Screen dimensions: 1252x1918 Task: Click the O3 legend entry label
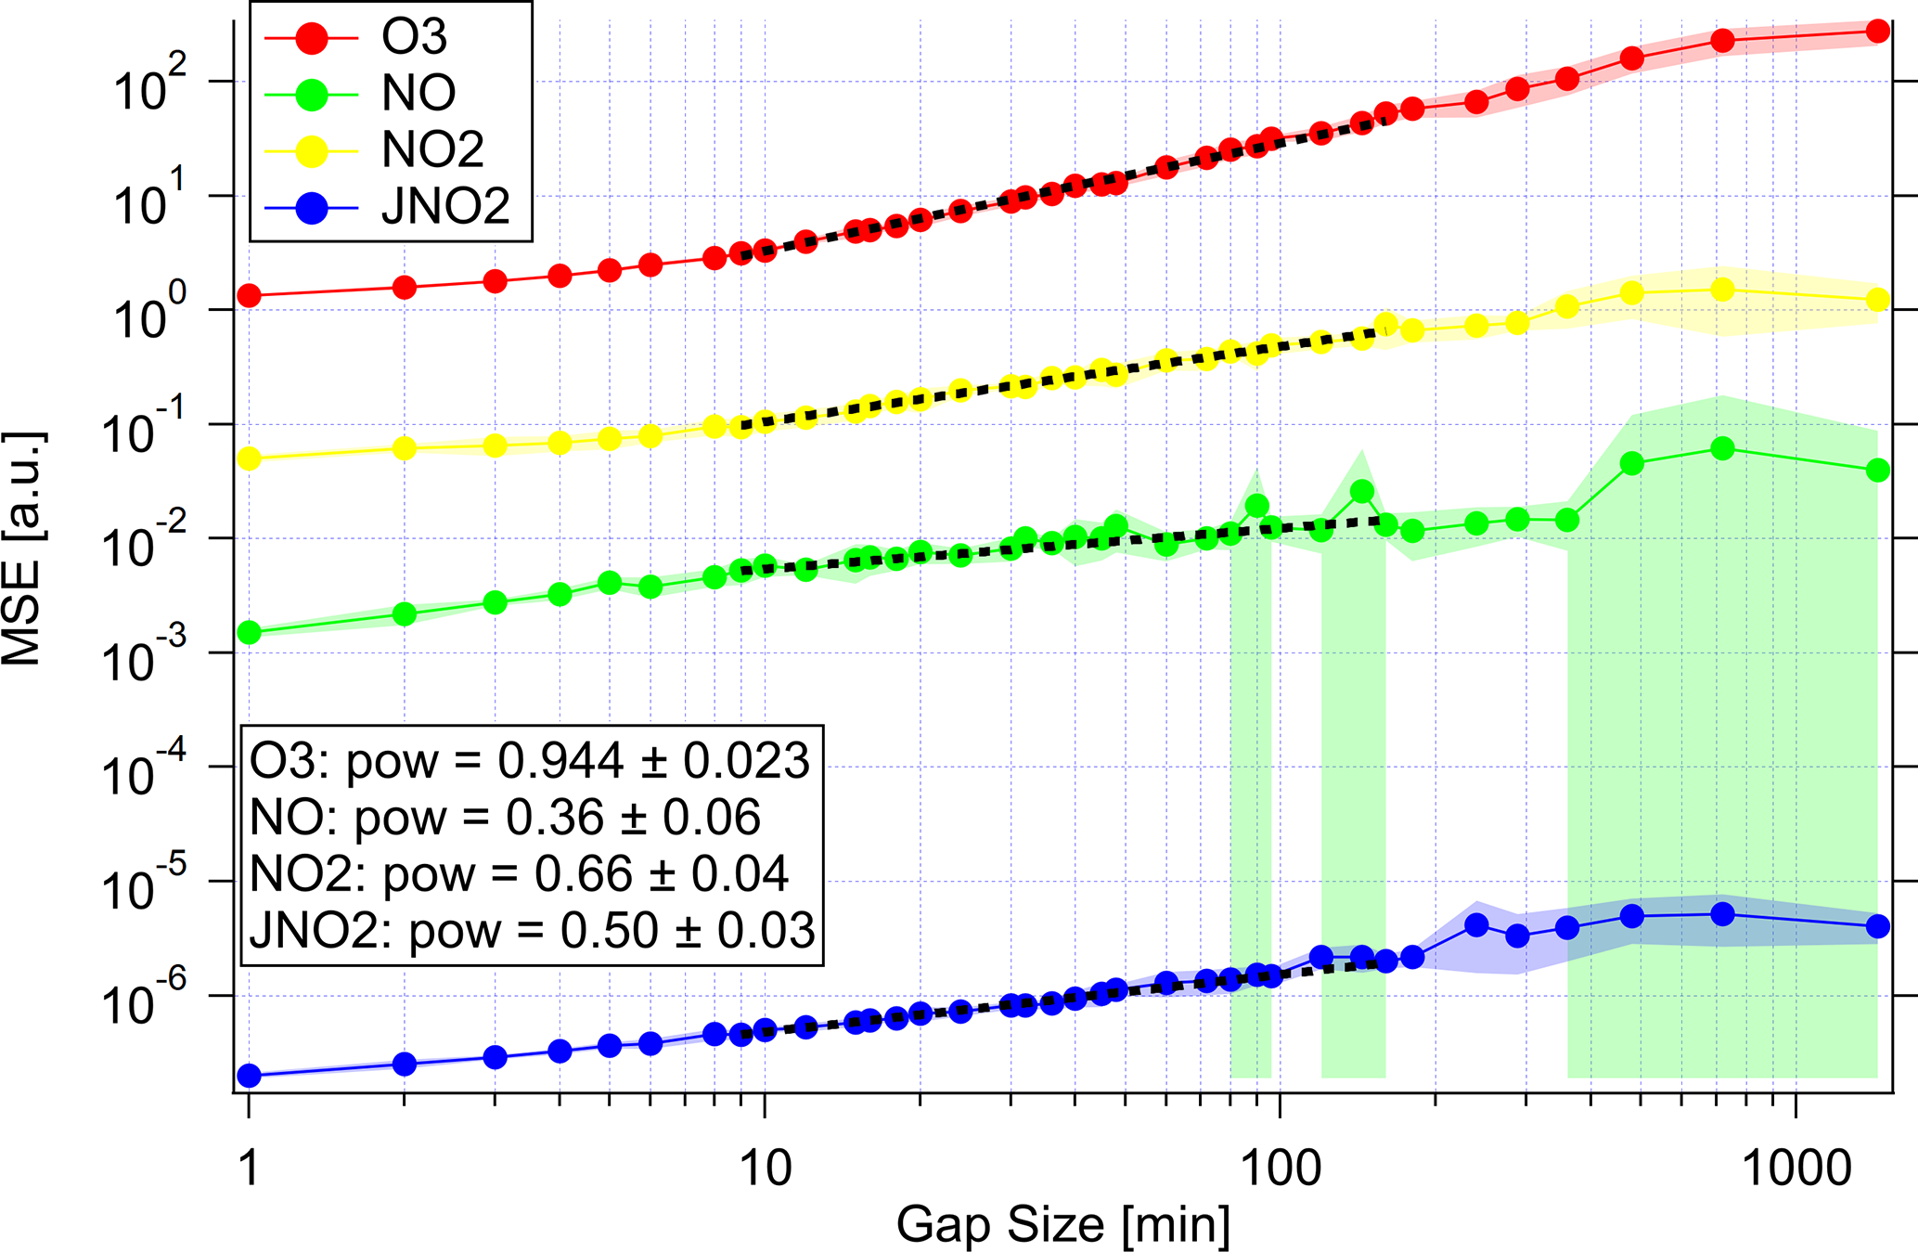pos(414,37)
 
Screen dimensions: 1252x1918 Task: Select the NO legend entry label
pos(418,93)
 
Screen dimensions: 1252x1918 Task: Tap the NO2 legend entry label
pos(432,149)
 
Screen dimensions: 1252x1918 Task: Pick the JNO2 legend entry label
pos(445,206)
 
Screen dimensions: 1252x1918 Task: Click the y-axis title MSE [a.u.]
pos(22,548)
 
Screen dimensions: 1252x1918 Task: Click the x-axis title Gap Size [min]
pos(1062,1224)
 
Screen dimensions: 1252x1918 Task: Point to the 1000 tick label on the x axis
pos(1796,1168)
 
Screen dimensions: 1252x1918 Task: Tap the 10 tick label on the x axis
pos(765,1168)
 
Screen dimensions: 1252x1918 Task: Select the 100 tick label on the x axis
pos(1280,1168)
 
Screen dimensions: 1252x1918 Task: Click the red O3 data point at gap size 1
pos(249,296)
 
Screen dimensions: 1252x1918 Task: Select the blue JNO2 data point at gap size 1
pos(249,1076)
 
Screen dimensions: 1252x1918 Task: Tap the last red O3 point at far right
pos(1877,31)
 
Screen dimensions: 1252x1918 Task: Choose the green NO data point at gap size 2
pos(405,613)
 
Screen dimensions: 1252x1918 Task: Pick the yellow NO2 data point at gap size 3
pos(496,445)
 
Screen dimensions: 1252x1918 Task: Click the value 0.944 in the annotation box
pos(560,761)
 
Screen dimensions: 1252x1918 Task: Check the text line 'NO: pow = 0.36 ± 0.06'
pos(505,818)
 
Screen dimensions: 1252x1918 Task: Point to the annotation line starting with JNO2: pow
pos(533,931)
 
